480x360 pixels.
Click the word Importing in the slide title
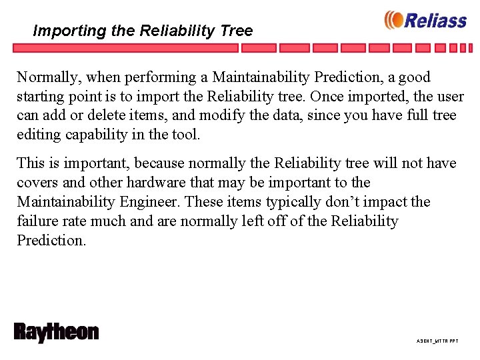(61, 31)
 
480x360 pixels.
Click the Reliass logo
(425, 20)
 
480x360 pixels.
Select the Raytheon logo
(56, 333)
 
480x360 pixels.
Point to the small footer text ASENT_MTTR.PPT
(437, 341)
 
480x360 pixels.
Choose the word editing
(37, 135)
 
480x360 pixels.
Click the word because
(159, 163)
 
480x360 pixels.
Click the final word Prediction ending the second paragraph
(51, 241)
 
